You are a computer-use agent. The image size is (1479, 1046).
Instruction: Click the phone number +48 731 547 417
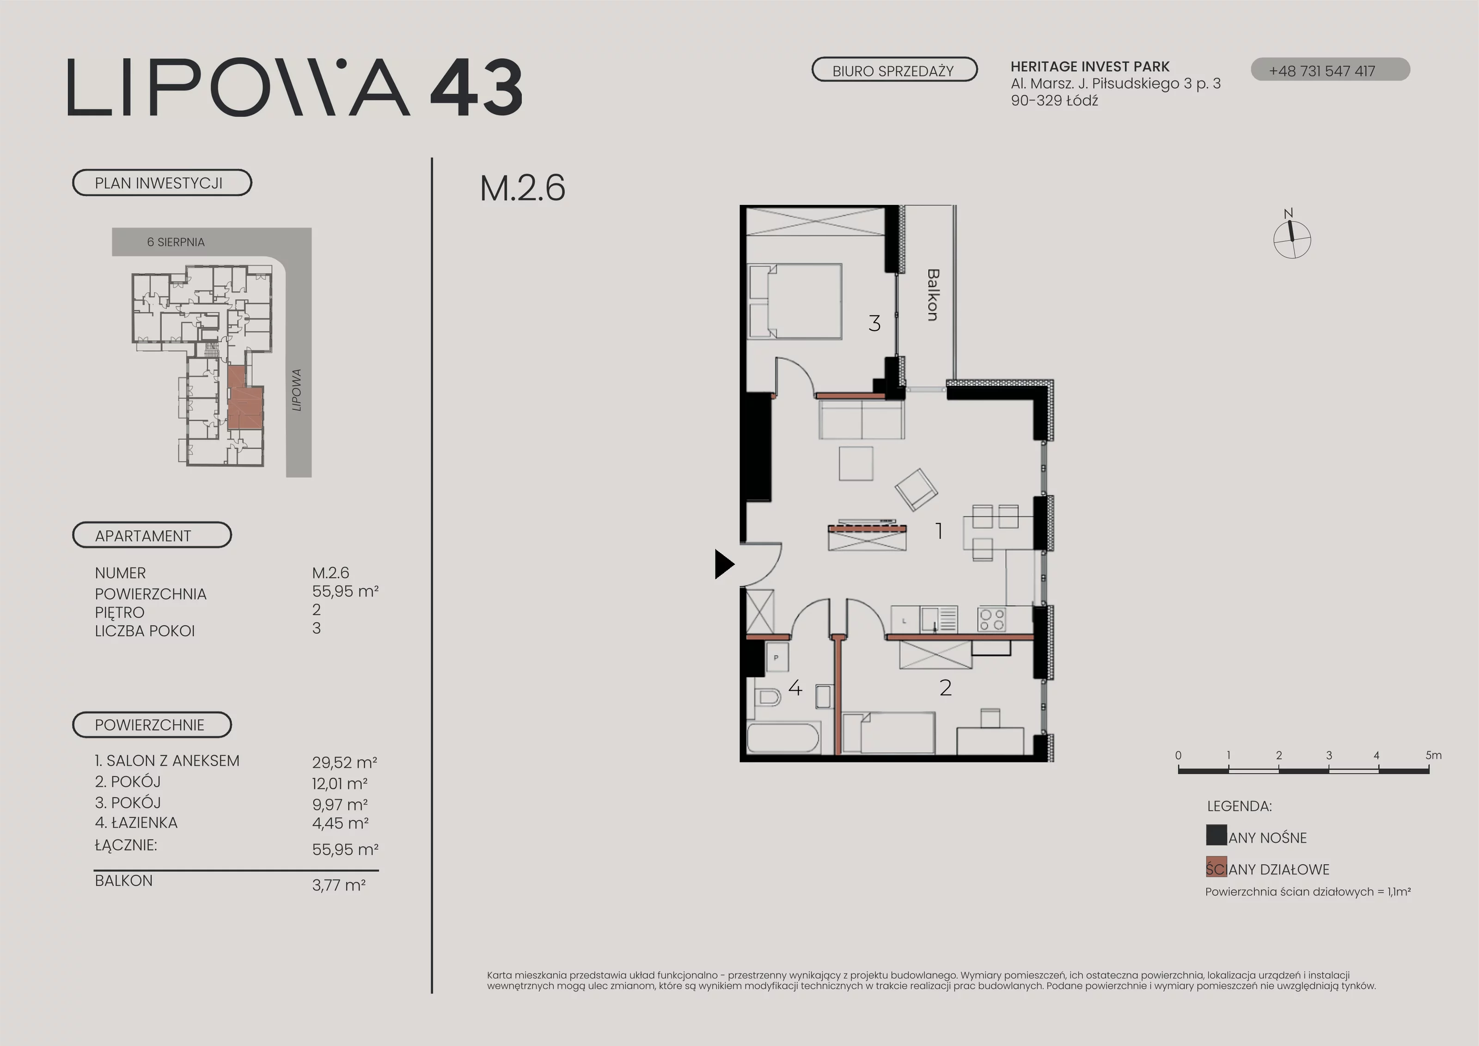(1322, 71)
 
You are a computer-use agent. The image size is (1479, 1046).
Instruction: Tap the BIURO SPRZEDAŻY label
(893, 71)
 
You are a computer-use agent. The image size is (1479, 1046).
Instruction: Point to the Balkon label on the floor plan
(933, 295)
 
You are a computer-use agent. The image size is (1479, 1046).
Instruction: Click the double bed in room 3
(794, 301)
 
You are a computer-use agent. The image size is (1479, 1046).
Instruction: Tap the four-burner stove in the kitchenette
(992, 619)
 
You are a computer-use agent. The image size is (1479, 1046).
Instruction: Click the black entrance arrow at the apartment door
(724, 564)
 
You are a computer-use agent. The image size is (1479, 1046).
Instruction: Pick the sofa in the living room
(861, 419)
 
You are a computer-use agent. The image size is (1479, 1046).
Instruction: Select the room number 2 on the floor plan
(946, 688)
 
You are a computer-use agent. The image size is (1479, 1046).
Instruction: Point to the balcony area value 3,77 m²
(339, 885)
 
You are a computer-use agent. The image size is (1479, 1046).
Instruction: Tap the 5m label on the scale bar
(1433, 755)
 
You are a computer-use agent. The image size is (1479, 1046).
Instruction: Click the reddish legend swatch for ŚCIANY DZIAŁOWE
(1216, 867)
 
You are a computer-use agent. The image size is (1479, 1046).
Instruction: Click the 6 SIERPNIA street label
(176, 242)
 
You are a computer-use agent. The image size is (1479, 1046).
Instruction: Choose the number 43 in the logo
(476, 88)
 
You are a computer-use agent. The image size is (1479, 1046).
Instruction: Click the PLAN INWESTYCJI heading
(159, 183)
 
